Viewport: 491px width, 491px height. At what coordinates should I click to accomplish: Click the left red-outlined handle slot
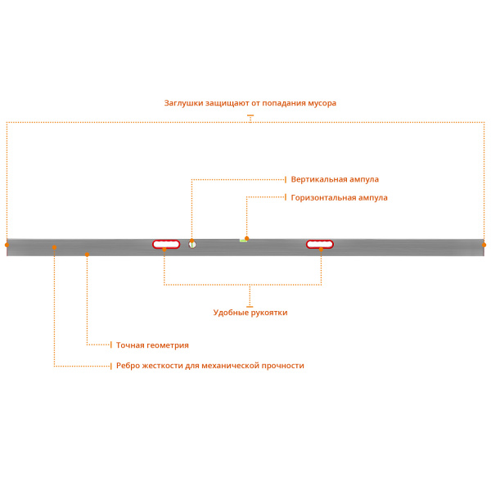click(166, 244)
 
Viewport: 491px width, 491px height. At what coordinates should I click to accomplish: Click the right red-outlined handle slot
click(320, 244)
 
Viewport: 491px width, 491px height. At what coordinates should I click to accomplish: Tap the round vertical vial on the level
click(192, 244)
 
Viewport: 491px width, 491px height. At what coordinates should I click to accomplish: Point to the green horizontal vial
click(243, 241)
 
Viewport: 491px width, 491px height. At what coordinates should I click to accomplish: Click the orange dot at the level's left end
click(7, 245)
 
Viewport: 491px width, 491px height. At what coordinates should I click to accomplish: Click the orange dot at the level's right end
click(484, 245)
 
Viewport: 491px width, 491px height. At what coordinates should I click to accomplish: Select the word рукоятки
click(269, 313)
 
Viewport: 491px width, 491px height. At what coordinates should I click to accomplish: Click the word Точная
click(130, 345)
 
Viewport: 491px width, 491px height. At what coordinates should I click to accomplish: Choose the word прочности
click(282, 366)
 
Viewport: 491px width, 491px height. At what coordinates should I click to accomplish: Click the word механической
click(226, 366)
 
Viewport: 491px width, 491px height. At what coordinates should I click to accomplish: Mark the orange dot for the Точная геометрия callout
click(87, 255)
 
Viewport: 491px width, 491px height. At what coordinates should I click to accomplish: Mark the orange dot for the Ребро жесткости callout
click(54, 246)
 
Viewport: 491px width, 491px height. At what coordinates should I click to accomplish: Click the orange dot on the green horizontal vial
click(246, 238)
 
